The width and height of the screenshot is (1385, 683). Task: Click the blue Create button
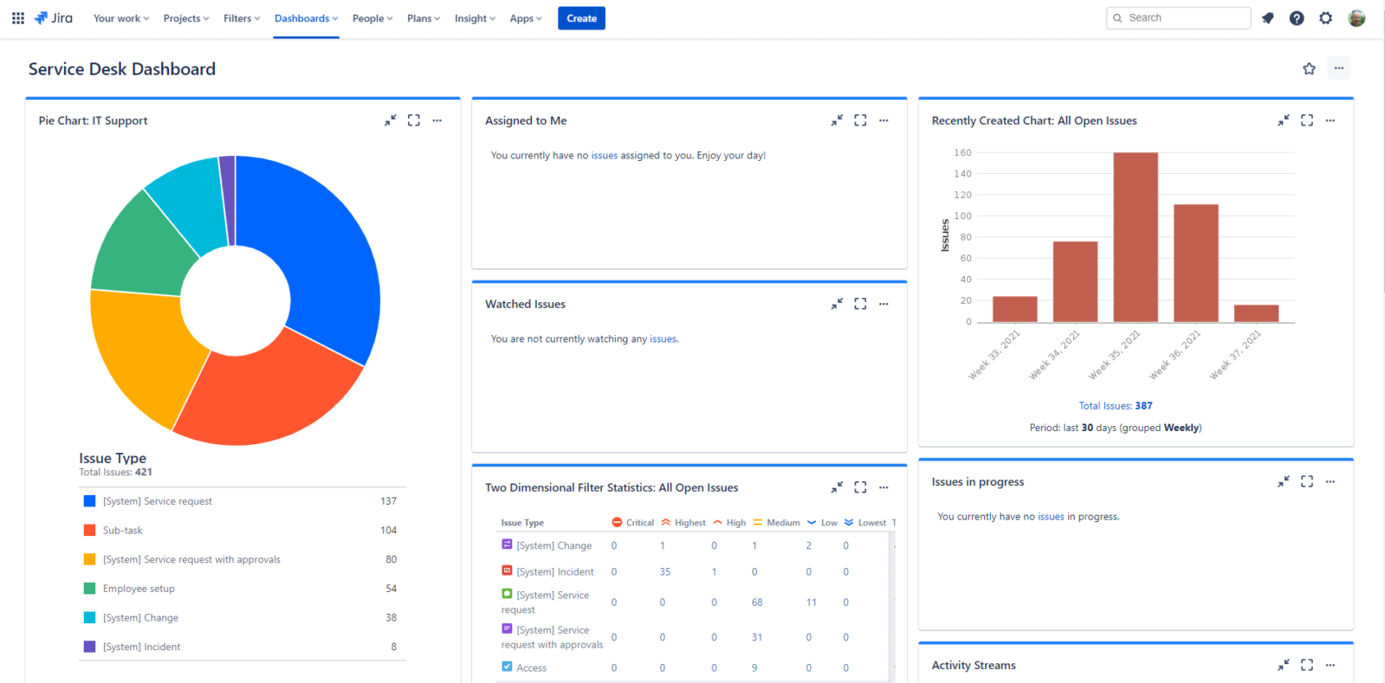pos(581,18)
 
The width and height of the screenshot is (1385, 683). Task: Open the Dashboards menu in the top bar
pos(306,18)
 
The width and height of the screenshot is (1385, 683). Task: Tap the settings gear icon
pos(1325,18)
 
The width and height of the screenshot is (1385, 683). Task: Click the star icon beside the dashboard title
pos(1309,68)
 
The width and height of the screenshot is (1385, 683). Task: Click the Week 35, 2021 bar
pos(1136,237)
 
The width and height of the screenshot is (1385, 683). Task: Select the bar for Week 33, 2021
pos(1014,309)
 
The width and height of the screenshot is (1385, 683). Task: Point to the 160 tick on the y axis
pos(962,152)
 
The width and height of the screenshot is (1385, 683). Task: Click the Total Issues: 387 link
pos(1116,405)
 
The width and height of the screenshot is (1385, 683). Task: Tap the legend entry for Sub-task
pos(122,531)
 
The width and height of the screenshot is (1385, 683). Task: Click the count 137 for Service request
pos(388,501)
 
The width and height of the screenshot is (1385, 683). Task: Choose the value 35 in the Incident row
pos(664,571)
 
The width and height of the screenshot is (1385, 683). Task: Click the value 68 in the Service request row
pos(757,602)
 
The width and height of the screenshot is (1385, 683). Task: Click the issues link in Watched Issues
pos(663,339)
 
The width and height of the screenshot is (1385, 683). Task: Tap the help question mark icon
pos(1296,18)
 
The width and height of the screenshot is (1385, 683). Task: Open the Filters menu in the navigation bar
pos(241,18)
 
